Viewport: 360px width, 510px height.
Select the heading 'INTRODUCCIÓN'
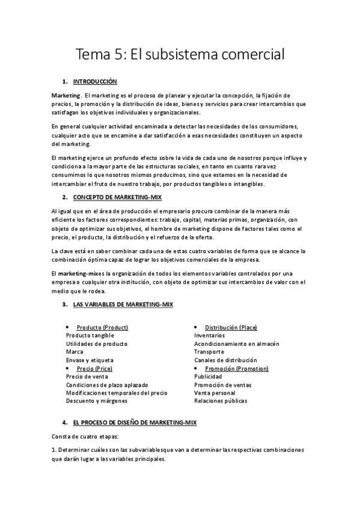[94, 81]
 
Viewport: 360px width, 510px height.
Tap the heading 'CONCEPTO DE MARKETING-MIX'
[117, 197]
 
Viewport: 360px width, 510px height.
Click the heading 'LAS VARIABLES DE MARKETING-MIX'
[123, 305]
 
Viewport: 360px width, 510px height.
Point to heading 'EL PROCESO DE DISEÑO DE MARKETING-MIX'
[139, 423]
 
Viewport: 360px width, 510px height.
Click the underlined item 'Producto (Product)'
[102, 327]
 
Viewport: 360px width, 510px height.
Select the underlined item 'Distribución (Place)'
[231, 327]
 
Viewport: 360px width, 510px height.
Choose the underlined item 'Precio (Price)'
[94, 368]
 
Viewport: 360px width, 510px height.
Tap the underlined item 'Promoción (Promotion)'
[236, 368]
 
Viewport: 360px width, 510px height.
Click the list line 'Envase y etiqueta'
[90, 360]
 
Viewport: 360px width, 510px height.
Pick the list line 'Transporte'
[209, 351]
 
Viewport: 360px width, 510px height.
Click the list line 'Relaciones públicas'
[220, 401]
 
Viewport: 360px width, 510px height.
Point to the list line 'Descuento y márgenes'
[96, 401]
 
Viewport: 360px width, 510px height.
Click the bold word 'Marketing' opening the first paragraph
[66, 96]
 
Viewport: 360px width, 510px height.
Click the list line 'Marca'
[75, 351]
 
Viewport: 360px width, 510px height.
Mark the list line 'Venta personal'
[215, 392]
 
